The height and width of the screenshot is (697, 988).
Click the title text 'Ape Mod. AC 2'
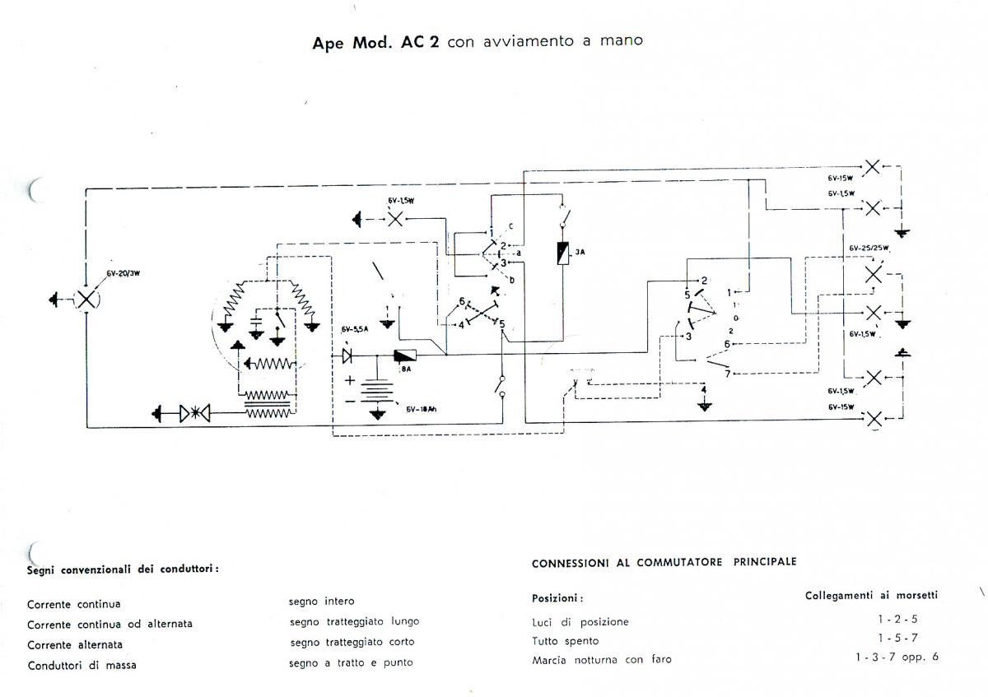pyautogui.click(x=375, y=43)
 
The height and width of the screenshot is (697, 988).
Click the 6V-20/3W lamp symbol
pyautogui.click(x=86, y=299)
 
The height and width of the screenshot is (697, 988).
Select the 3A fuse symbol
pyautogui.click(x=562, y=253)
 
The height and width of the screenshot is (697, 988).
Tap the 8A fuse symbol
pyautogui.click(x=405, y=356)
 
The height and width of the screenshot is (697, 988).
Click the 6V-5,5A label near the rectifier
pyautogui.click(x=356, y=329)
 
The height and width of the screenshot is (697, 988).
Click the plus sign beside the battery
pyautogui.click(x=349, y=380)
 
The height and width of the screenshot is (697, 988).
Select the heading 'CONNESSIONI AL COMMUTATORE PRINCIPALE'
pyautogui.click(x=664, y=563)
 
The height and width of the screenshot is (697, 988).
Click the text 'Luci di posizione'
pyautogui.click(x=580, y=622)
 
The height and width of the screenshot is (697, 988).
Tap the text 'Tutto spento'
pyautogui.click(x=566, y=641)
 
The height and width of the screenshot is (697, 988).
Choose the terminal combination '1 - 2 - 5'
pyautogui.click(x=897, y=619)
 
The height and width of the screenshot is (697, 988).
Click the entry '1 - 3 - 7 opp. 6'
pyautogui.click(x=897, y=657)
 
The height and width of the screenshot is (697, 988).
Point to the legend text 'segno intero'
pyautogui.click(x=322, y=602)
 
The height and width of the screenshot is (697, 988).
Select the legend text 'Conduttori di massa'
pyautogui.click(x=82, y=665)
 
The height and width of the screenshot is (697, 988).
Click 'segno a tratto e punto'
pyautogui.click(x=351, y=662)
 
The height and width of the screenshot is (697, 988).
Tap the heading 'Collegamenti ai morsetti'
pyautogui.click(x=871, y=595)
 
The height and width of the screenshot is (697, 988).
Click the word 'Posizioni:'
pyautogui.click(x=557, y=598)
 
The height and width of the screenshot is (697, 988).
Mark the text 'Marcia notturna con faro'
pyautogui.click(x=601, y=660)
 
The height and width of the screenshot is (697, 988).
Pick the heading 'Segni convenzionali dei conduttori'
pyautogui.click(x=123, y=568)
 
